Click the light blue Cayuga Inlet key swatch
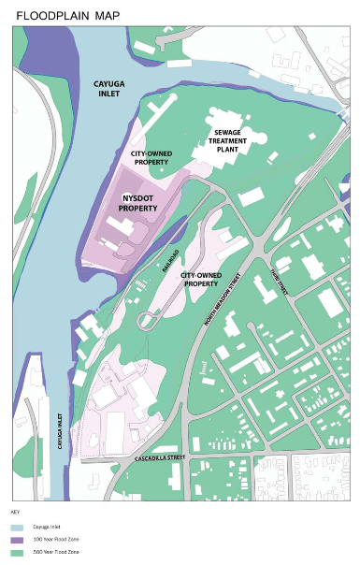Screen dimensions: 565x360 click(x=16, y=528)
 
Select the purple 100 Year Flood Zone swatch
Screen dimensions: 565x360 click(x=16, y=541)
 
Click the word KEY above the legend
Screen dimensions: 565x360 click(x=15, y=512)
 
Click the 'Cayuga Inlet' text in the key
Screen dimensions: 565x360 click(x=46, y=528)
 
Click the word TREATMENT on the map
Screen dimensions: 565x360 click(x=235, y=141)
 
